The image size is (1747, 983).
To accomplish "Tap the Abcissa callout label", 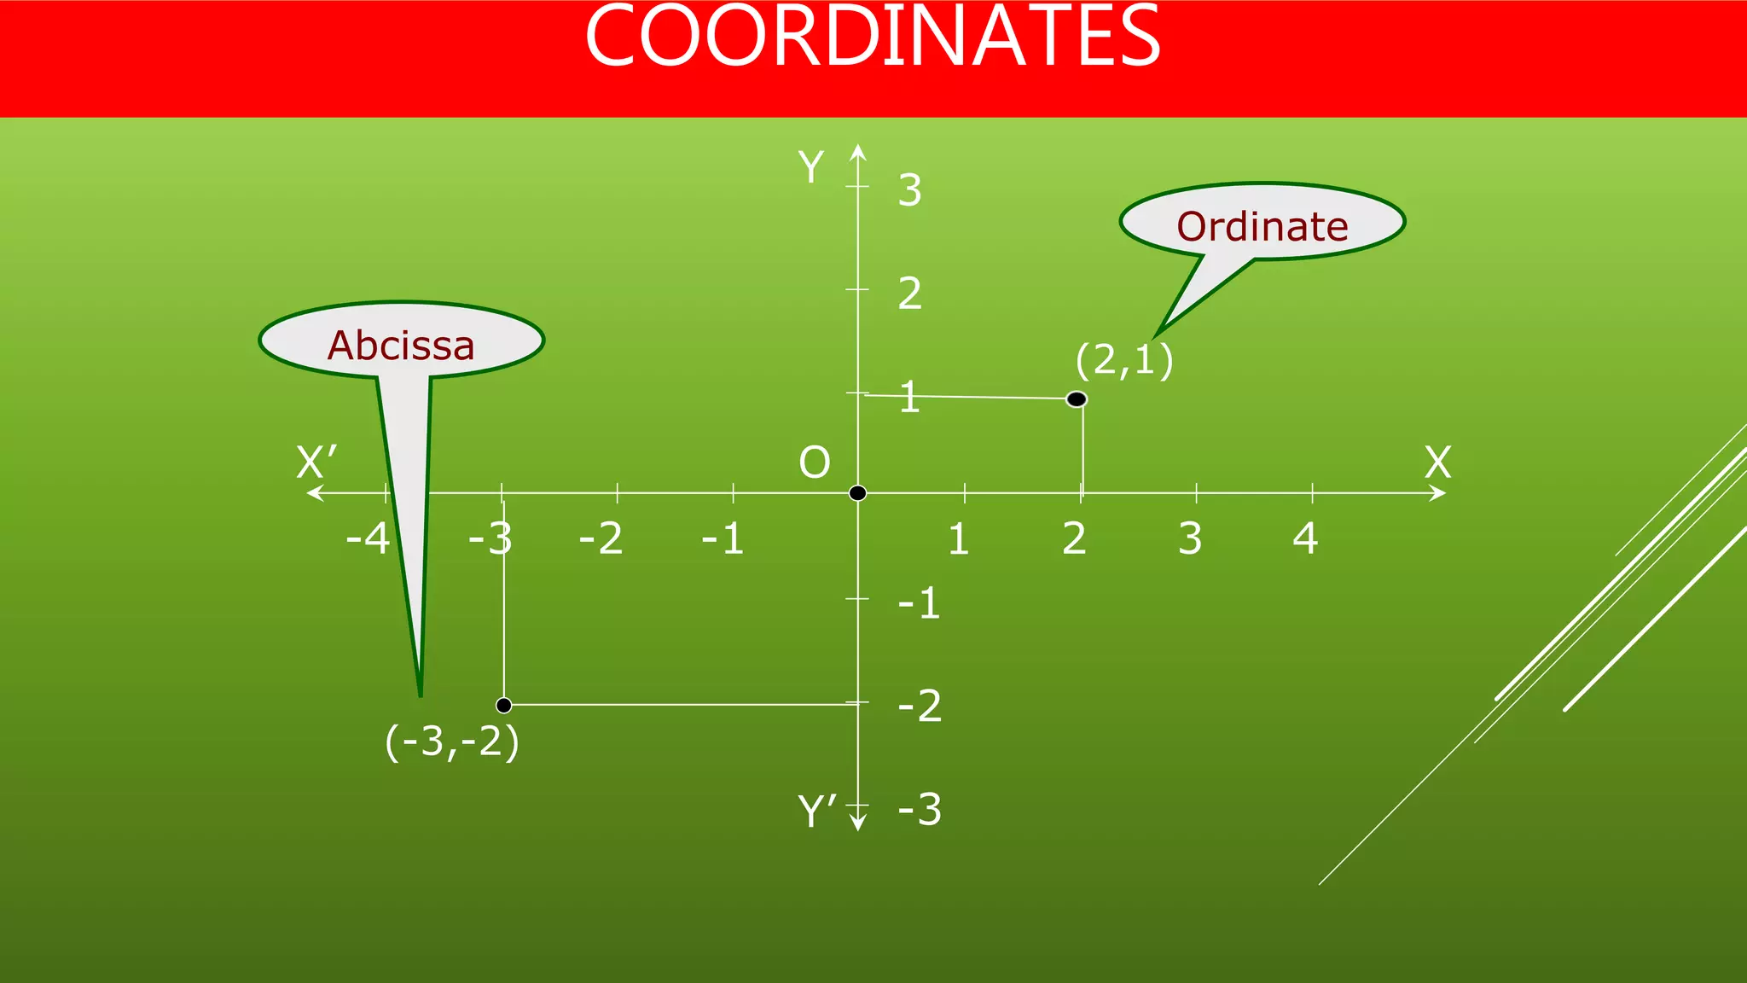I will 401,345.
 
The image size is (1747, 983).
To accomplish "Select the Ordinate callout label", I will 1262,226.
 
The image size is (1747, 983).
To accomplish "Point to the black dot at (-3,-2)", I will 504,705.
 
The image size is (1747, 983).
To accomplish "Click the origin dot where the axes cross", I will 858,493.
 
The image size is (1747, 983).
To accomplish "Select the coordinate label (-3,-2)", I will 452,742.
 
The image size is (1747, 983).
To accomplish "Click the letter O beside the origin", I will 814,462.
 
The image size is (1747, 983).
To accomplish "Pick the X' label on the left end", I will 316,462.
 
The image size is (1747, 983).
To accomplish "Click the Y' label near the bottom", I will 816,811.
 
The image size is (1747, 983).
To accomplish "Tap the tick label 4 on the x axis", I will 1305,538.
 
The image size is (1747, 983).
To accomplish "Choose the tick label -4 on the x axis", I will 368,538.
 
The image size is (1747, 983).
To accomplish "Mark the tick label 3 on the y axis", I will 909,189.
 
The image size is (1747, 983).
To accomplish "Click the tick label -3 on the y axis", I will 920,809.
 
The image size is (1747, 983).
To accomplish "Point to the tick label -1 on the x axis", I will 723,538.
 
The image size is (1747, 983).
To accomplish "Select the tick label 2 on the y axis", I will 909,294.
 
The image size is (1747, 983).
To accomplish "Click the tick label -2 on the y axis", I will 920,706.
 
